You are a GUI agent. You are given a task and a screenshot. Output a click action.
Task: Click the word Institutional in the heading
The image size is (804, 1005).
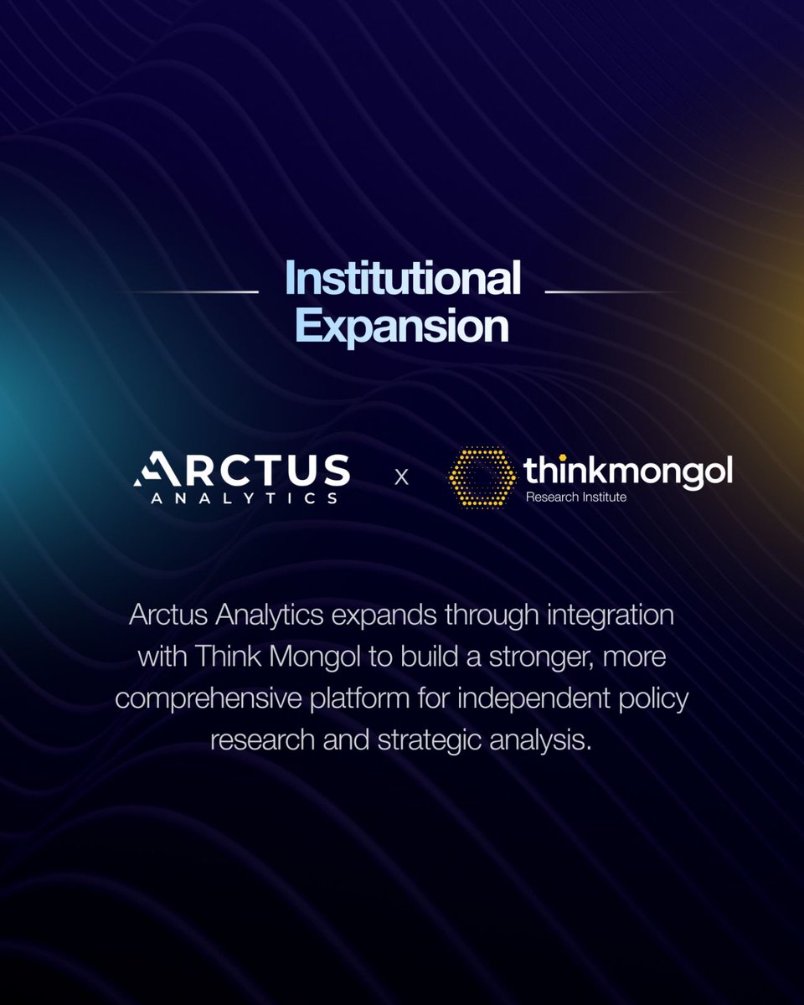tap(402, 279)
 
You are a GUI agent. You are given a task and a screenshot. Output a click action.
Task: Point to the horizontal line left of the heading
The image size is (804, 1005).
tap(195, 291)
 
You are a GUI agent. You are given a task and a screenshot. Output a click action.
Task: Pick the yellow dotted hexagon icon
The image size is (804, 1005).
tap(482, 477)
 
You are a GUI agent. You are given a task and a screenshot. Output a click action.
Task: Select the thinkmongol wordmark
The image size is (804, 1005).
tap(628, 471)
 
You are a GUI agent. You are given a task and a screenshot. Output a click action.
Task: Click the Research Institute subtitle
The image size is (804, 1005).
tap(575, 497)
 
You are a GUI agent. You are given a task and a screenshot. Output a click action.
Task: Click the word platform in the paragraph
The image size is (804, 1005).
tap(368, 698)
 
